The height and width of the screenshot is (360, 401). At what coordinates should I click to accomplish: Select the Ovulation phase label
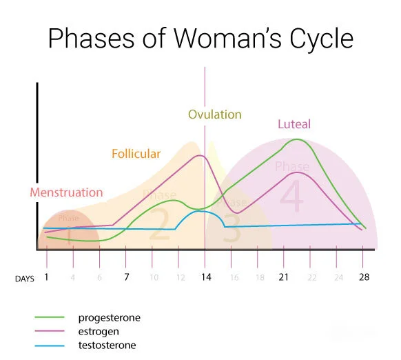(x=215, y=114)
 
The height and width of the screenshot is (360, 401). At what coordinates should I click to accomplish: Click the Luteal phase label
(x=294, y=125)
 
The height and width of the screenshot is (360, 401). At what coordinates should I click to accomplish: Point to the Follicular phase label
(x=136, y=154)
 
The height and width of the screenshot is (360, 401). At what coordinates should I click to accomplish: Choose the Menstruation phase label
(x=66, y=192)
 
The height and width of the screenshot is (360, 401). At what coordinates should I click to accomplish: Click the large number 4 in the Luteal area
(x=291, y=197)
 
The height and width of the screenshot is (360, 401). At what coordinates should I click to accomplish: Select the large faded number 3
(x=232, y=231)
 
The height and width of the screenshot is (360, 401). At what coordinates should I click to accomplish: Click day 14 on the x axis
(x=205, y=277)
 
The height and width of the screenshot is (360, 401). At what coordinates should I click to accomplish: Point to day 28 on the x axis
(x=364, y=277)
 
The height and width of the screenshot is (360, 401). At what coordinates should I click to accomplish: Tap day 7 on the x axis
(x=126, y=277)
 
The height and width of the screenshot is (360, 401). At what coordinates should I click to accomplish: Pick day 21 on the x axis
(x=284, y=277)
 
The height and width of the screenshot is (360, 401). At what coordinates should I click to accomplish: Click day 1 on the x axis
(x=47, y=277)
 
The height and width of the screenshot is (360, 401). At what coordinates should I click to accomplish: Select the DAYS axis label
(x=25, y=278)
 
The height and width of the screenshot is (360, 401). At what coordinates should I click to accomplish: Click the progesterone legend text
(x=110, y=318)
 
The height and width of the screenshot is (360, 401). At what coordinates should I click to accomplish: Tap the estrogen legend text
(x=101, y=332)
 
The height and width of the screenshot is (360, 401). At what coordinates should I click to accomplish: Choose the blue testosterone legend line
(x=50, y=346)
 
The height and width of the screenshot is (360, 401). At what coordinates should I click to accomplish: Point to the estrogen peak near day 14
(x=200, y=156)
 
